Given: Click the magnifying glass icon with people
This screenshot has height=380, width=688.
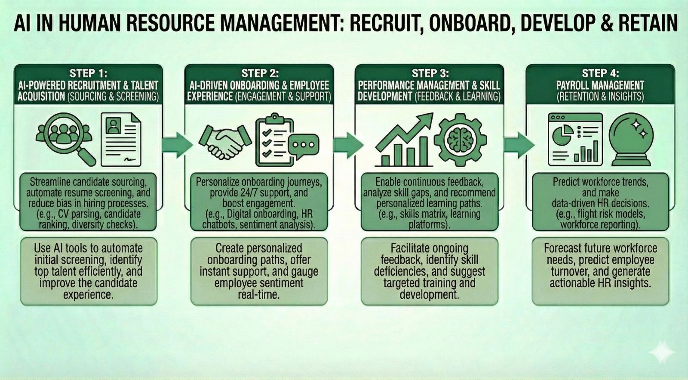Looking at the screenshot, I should [65, 137].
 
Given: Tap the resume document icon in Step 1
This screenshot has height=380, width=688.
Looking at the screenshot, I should [120, 139].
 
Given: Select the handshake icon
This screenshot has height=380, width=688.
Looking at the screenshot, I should [225, 140].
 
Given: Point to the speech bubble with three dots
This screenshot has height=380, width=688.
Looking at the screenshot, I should [304, 146].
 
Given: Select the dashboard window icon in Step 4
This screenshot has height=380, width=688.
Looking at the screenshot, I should [575, 139].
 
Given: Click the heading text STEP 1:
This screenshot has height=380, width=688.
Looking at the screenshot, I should [88, 73].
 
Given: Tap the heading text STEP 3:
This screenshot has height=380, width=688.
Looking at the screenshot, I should [430, 73].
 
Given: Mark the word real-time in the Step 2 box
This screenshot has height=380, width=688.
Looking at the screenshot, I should [258, 295].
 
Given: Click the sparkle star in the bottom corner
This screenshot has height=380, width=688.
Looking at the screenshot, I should [662, 352].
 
